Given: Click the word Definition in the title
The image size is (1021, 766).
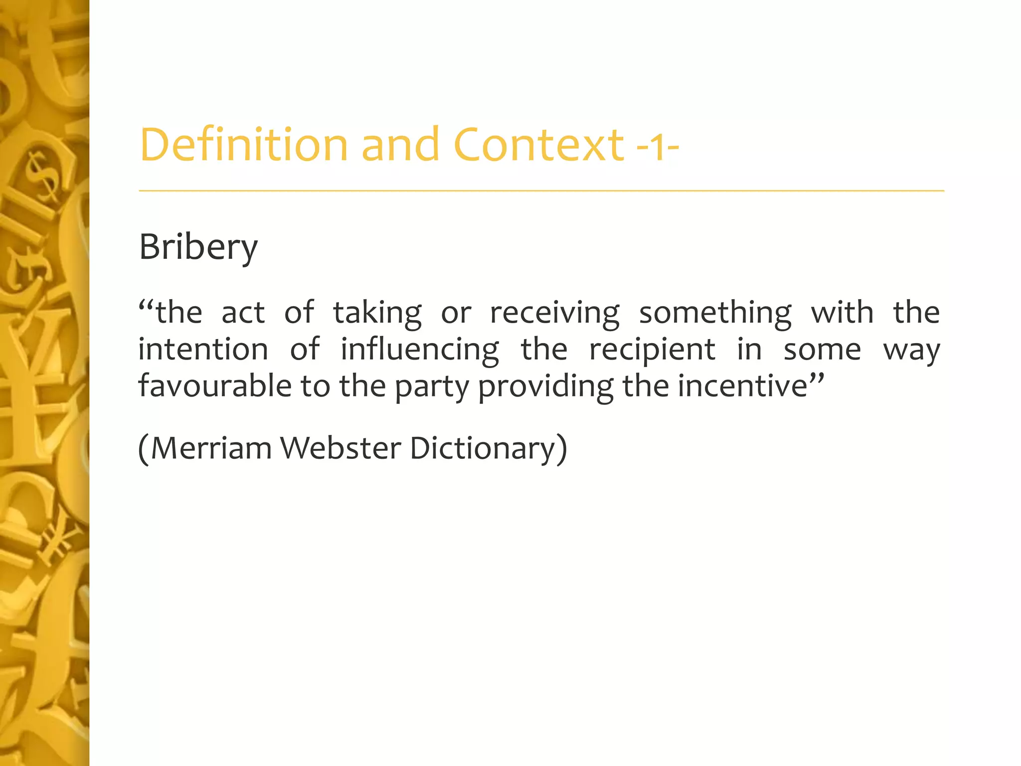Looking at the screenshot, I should (244, 145).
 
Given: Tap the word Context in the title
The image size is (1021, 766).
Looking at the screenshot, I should (538, 145).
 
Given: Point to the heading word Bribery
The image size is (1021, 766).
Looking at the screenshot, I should (198, 247).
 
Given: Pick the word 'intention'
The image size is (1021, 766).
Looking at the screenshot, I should (203, 350).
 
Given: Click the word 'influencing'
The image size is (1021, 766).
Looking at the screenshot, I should (419, 351).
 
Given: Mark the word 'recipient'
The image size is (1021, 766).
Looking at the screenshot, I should (652, 351).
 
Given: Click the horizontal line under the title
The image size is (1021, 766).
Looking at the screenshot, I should (541, 191).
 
